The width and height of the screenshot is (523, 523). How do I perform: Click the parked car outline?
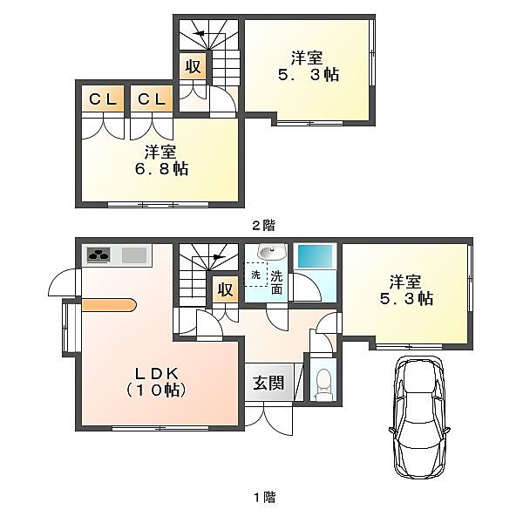[419, 417]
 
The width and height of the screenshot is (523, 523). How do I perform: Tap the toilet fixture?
[323, 384]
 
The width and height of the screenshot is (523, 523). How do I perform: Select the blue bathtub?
[315, 255]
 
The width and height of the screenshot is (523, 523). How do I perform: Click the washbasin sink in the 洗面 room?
[272, 252]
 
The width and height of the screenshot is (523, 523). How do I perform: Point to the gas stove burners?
[98, 255]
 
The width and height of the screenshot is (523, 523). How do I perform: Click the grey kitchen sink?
[134, 255]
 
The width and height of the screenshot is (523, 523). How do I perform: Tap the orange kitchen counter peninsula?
[109, 305]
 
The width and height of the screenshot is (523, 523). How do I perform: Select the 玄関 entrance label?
[268, 383]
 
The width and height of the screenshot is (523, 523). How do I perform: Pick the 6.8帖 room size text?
[161, 169]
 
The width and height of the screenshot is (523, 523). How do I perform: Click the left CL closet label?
[103, 99]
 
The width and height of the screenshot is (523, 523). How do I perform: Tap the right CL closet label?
[152, 99]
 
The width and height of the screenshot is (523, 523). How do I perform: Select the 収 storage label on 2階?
[194, 66]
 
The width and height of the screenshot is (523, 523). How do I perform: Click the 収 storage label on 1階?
[226, 289]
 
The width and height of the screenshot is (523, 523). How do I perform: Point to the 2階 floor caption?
[263, 226]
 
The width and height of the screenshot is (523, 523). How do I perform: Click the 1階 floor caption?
[264, 498]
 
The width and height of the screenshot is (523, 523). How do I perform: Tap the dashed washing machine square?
[256, 275]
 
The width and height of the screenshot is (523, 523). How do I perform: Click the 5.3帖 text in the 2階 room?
[309, 74]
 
